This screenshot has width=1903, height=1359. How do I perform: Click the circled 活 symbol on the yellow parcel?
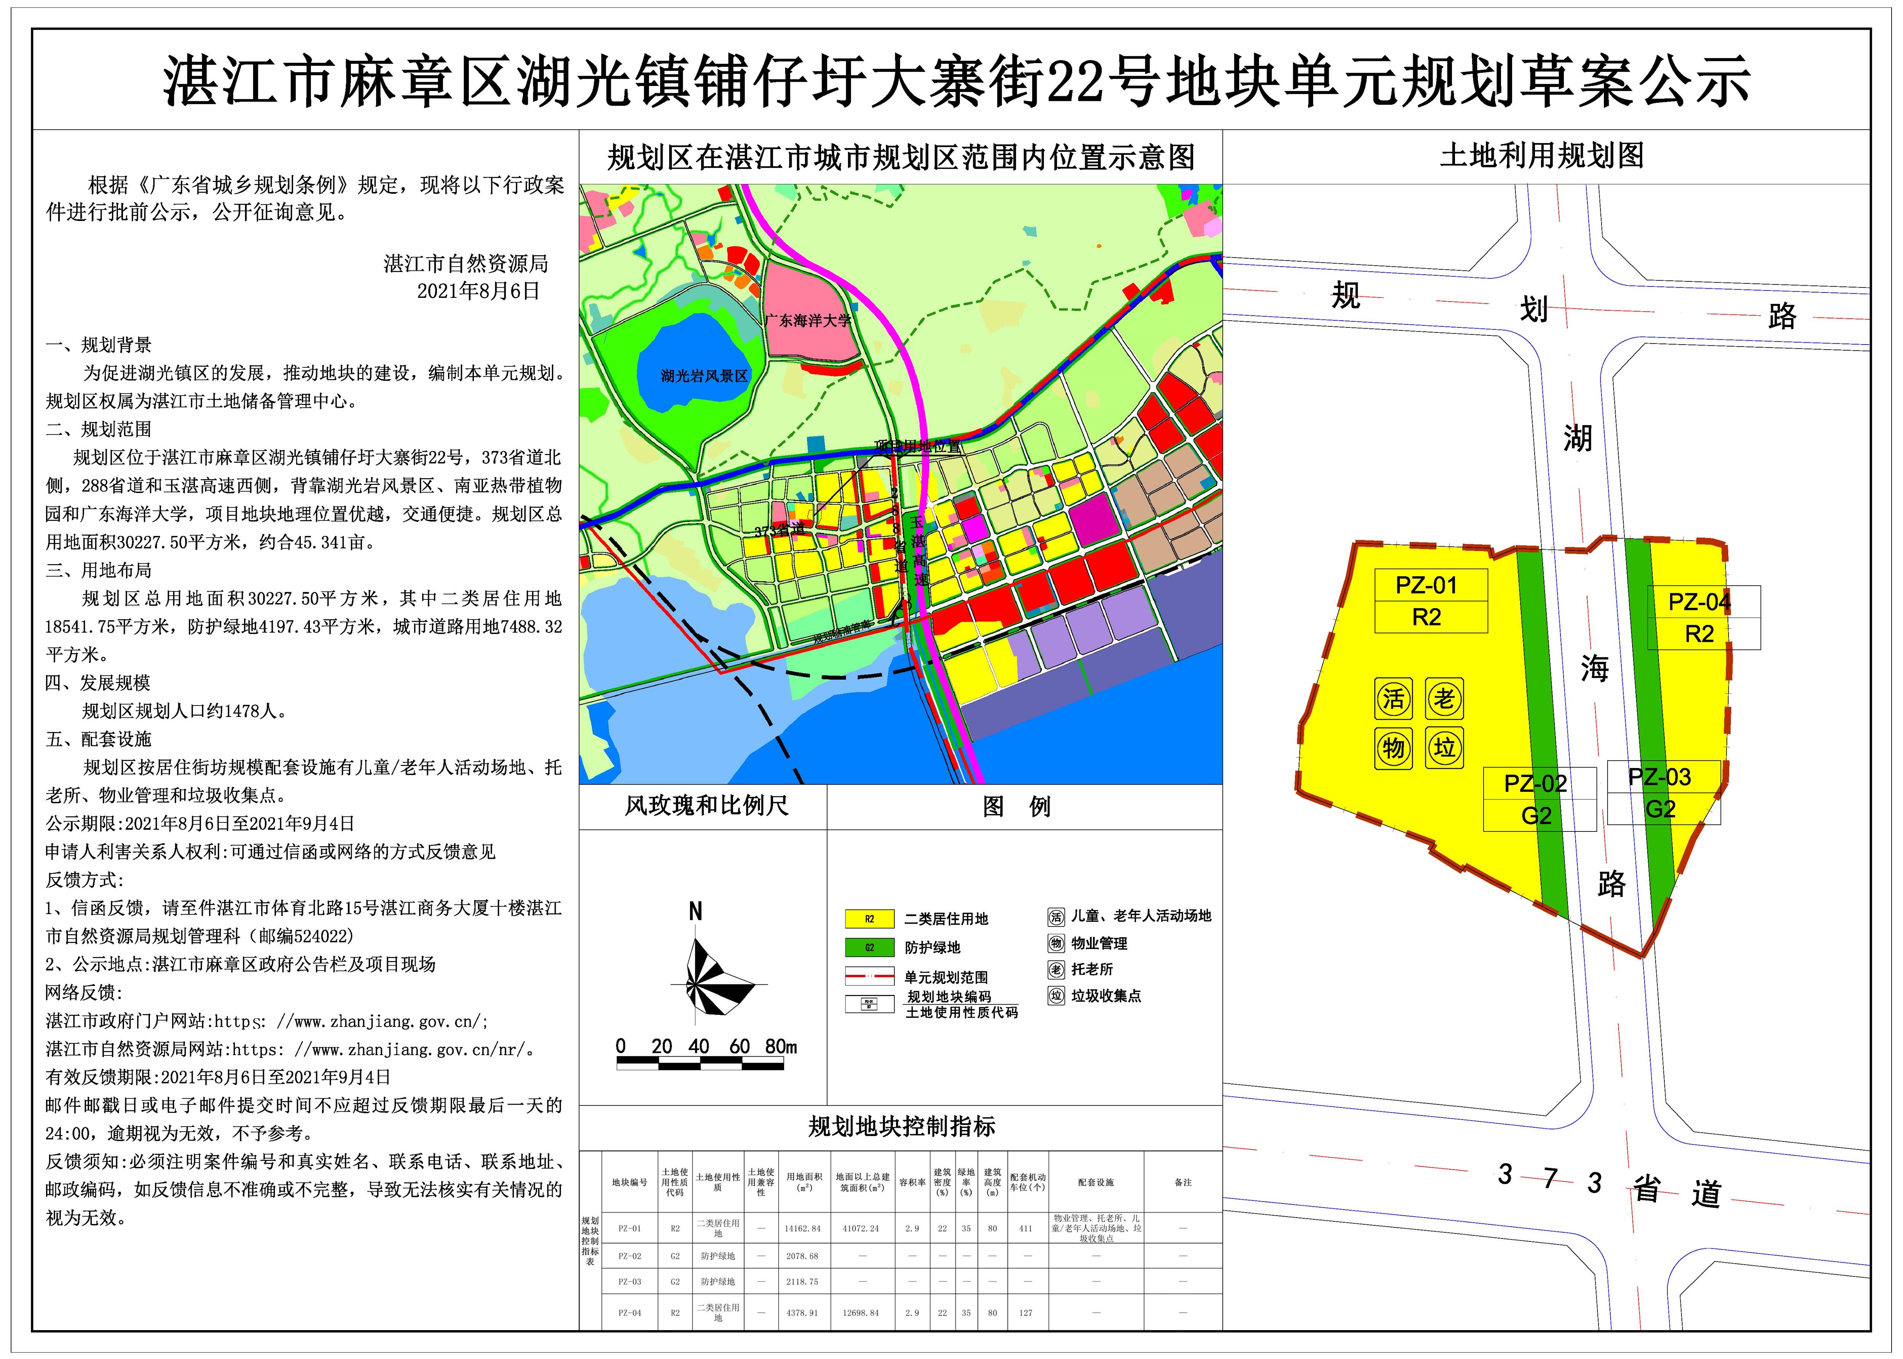pos(1393,699)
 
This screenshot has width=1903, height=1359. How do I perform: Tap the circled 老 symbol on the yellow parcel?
pos(1444,699)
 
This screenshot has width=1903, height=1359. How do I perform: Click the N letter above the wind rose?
pos(695,911)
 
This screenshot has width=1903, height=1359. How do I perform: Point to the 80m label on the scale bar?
pos(780,1046)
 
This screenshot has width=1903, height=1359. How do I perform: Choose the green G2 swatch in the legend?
pos(869,947)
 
